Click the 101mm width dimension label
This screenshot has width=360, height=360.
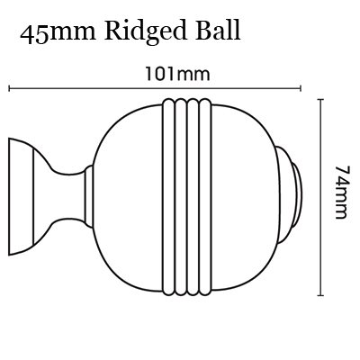point(177,74)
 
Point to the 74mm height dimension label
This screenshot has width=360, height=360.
point(341,192)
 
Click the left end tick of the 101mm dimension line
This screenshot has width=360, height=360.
point(10,88)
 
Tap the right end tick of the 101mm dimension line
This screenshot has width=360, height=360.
point(301,88)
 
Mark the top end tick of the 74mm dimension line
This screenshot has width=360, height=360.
point(321,99)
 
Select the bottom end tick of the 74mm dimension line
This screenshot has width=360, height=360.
point(321,295)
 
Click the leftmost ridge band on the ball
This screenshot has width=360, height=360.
point(168,197)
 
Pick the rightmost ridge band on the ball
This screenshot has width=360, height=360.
point(206,197)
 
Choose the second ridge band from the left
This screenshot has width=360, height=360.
point(181,197)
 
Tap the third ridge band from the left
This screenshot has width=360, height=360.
point(193,197)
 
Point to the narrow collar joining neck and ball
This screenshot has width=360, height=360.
point(89,195)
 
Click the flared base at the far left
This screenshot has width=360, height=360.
point(21,196)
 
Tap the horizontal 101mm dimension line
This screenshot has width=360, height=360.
point(155,88)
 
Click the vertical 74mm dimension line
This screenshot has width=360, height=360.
point(321,197)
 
